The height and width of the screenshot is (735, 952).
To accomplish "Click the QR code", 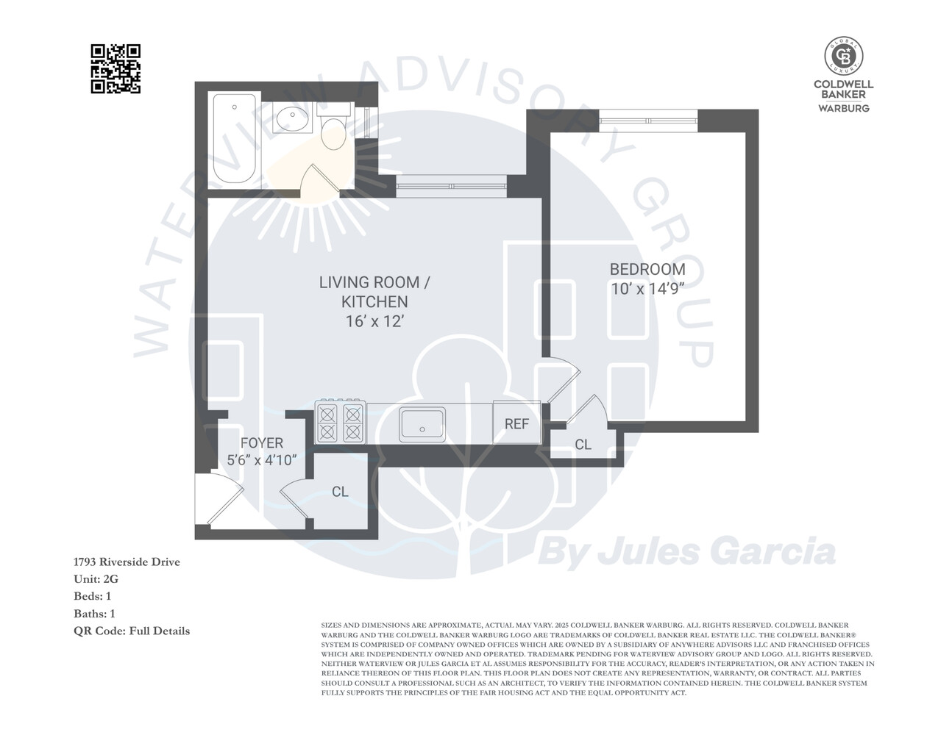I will pyautogui.click(x=116, y=69).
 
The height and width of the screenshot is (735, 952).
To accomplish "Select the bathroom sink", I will pyautogui.click(x=292, y=117).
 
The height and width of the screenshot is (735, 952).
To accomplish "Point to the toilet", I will pyautogui.click(x=334, y=129).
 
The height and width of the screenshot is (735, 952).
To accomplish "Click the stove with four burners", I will pyautogui.click(x=340, y=423).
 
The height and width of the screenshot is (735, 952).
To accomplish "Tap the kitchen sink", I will pyautogui.click(x=422, y=424).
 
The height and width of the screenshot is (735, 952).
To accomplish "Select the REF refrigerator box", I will pyautogui.click(x=516, y=423).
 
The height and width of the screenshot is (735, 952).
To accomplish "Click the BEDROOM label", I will pyautogui.click(x=647, y=270).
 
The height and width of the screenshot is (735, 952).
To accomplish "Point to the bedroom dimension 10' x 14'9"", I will pyautogui.click(x=647, y=289).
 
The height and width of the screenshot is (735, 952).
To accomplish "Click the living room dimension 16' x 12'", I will pyautogui.click(x=374, y=321).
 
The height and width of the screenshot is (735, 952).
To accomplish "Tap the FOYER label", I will pyautogui.click(x=261, y=443).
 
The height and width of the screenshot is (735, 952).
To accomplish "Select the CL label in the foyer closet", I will pyautogui.click(x=340, y=492).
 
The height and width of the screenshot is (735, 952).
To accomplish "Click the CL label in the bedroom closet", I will pyautogui.click(x=583, y=445).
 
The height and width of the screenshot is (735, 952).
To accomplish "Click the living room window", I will pyautogui.click(x=451, y=185).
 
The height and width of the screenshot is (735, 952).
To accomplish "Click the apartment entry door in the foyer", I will pyautogui.click(x=221, y=500).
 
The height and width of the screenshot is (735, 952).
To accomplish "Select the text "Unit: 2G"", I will pyautogui.click(x=96, y=579).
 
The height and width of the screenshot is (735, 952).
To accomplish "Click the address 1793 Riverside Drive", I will pyautogui.click(x=127, y=562).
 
